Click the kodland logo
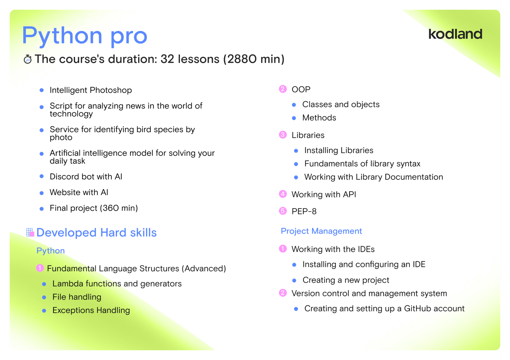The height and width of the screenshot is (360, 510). (455, 34)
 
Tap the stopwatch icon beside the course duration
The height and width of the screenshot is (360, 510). (28, 59)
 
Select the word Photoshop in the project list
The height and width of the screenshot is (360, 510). (111, 90)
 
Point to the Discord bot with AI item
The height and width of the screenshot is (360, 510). (86, 177)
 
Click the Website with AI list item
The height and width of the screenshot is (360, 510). (79, 192)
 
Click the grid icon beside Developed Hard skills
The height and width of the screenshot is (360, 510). (30, 232)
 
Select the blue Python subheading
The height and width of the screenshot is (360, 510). (50, 251)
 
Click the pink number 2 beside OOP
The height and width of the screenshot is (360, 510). (283, 89)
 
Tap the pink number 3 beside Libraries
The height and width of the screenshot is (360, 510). (283, 135)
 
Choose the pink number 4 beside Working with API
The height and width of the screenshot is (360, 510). (283, 194)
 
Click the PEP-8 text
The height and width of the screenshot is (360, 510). (304, 211)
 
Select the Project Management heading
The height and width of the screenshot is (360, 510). (321, 231)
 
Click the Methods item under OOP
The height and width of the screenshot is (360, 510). (319, 118)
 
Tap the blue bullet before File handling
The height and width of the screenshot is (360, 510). (44, 298)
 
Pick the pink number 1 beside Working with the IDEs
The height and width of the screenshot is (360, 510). (283, 249)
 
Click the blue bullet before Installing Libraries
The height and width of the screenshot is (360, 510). (296, 151)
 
